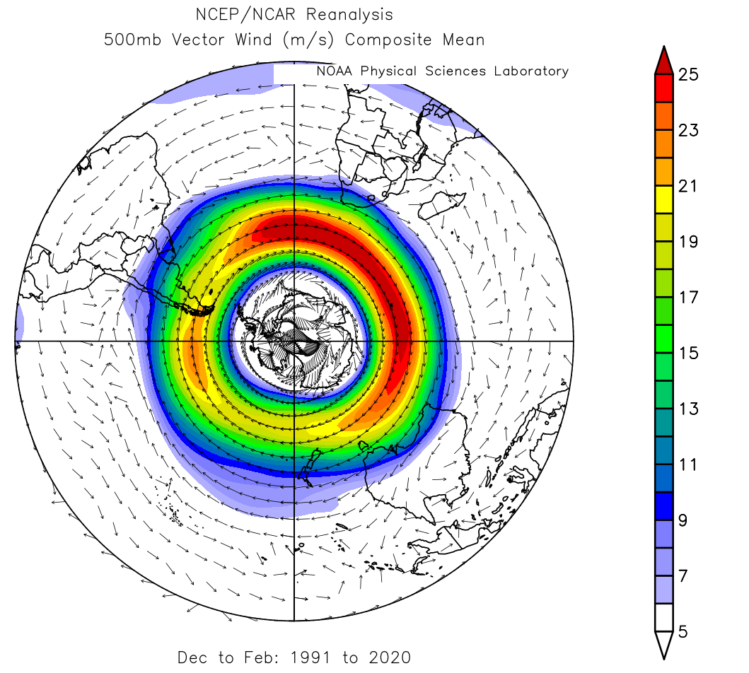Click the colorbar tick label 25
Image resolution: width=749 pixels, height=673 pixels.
[688, 75]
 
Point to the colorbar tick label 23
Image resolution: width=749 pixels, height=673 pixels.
[688, 131]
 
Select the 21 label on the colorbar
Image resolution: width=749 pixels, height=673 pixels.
[688, 187]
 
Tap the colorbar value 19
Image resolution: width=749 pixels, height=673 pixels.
[688, 242]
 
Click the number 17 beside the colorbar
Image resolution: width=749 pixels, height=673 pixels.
[688, 298]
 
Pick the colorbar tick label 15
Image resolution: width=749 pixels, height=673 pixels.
[688, 353]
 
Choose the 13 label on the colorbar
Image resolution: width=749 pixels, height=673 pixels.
[688, 409]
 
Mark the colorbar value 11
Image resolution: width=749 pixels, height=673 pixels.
[688, 465]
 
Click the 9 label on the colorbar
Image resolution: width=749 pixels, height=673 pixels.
[683, 521]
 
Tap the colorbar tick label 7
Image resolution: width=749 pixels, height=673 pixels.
[683, 576]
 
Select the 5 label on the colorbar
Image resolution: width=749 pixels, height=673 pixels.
[683, 632]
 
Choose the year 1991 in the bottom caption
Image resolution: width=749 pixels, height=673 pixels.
[315, 657]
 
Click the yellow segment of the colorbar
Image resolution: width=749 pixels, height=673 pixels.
[663, 194]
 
